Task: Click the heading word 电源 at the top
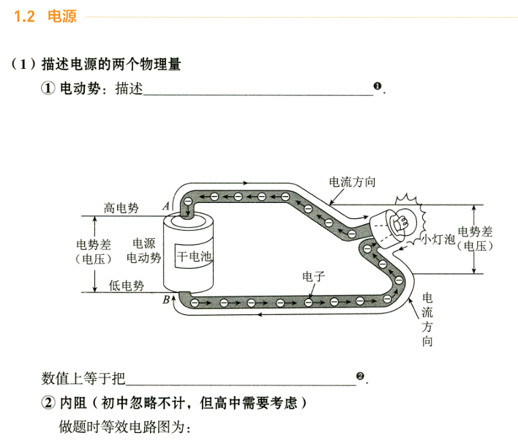click(x=61, y=16)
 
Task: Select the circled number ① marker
click(x=48, y=89)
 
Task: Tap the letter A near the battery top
click(x=166, y=207)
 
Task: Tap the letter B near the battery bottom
click(x=166, y=299)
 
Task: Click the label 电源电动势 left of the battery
click(x=143, y=250)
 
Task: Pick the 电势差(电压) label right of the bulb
click(x=476, y=238)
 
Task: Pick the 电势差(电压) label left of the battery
click(x=93, y=251)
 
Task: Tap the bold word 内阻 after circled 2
click(x=76, y=403)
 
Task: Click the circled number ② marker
click(x=48, y=403)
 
